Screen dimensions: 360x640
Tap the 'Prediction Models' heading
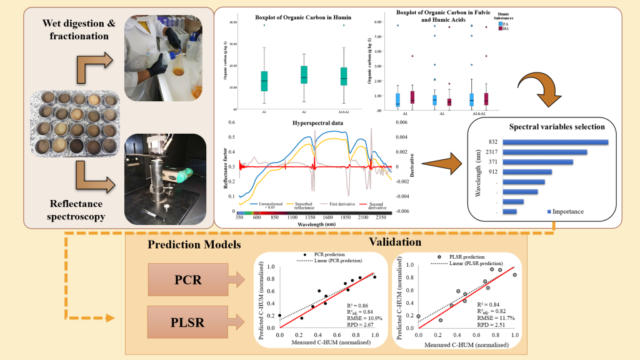coord(194,244)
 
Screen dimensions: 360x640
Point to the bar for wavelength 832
coord(555,142)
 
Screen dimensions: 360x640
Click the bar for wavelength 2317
coord(544,152)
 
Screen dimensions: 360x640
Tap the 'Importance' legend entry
coord(566,211)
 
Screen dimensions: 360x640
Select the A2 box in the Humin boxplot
coord(304,74)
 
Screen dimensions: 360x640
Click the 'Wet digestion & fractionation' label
coord(71,29)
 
